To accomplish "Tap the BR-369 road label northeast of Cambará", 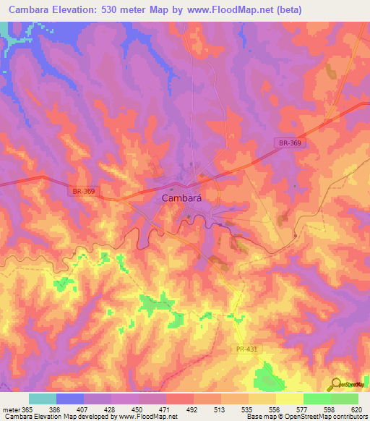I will pyautogui.click(x=292, y=143).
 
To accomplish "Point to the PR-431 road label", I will pyautogui.click(x=246, y=349).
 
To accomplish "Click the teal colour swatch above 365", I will pyautogui.click(x=43, y=399).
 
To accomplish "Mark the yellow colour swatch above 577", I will pyautogui.click(x=289, y=399).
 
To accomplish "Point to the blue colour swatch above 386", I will pyautogui.click(x=70, y=399).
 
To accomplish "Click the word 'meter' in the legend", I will pyautogui.click(x=12, y=409).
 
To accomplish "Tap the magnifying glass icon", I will pyautogui.click(x=334, y=385).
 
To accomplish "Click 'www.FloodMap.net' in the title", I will pyautogui.click(x=231, y=9).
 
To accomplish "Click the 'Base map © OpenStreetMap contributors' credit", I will pyautogui.click(x=306, y=417).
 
